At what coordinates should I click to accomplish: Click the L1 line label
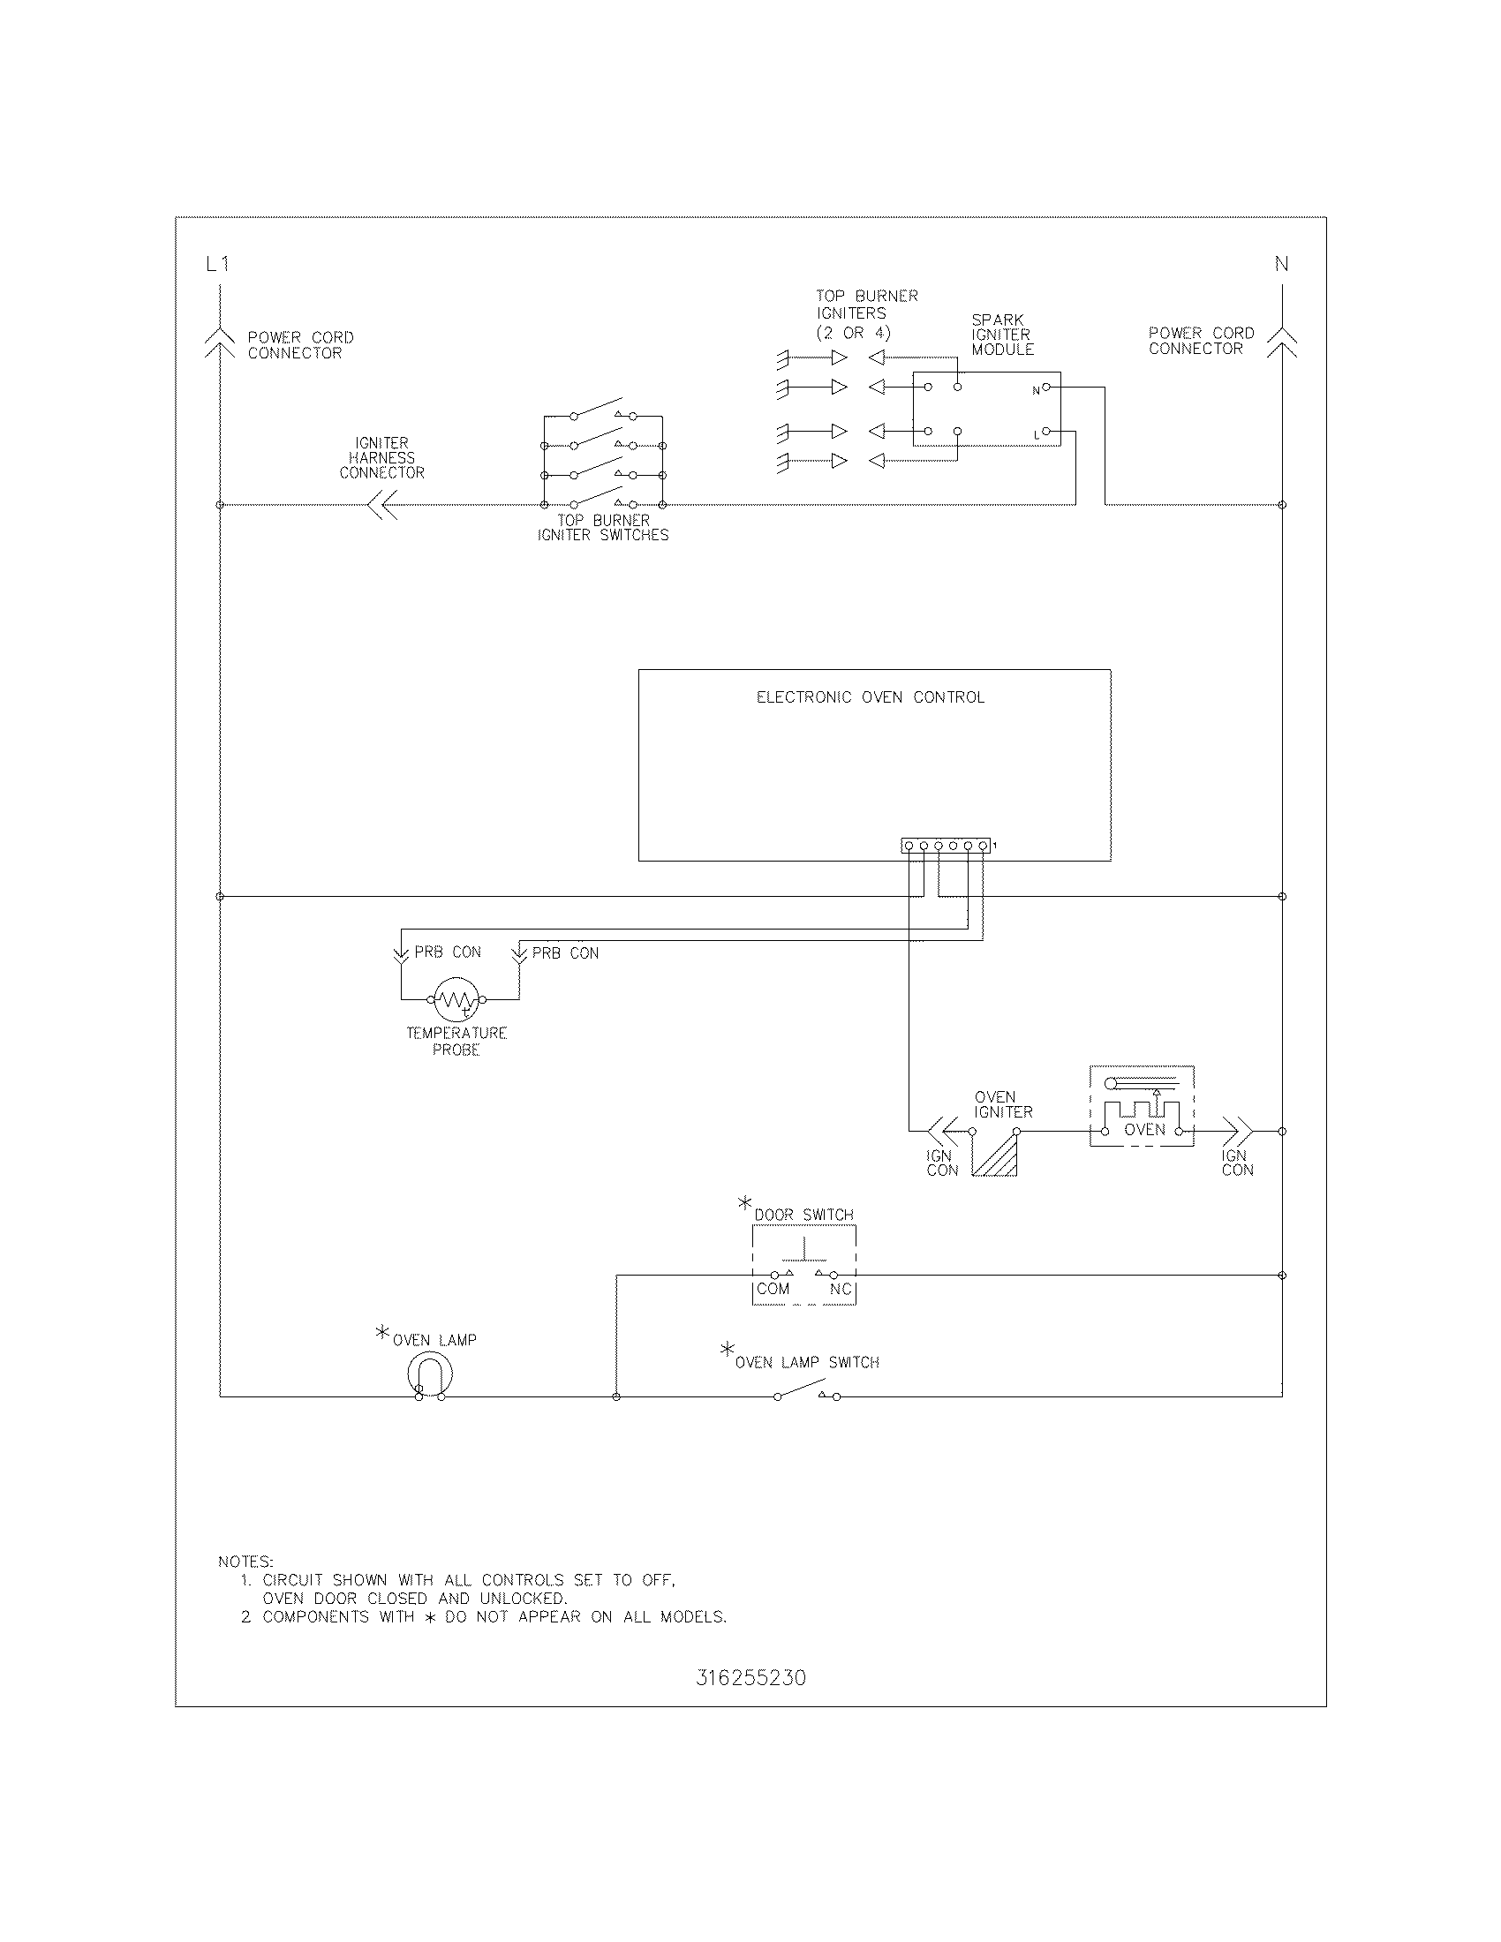(217, 264)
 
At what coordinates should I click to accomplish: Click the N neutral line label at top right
(1281, 264)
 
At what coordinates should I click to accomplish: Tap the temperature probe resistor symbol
(456, 999)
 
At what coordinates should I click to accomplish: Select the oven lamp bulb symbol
(430, 1375)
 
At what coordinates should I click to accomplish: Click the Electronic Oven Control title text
(870, 697)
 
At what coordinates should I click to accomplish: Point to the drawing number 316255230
(750, 1678)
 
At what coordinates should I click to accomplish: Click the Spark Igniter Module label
(1002, 335)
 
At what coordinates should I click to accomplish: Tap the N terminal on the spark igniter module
(1045, 388)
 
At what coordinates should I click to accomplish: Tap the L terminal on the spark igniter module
(1045, 433)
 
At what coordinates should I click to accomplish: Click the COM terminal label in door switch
(773, 1289)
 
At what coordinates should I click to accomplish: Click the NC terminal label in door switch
(840, 1289)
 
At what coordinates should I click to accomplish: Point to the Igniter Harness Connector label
(381, 457)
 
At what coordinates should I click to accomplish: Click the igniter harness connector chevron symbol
(382, 506)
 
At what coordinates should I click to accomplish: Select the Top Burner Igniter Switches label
(603, 527)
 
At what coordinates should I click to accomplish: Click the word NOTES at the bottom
(245, 1562)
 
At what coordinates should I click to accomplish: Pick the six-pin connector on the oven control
(946, 846)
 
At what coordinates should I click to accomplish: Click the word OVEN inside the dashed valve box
(1144, 1129)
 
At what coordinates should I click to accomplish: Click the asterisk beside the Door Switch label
(744, 1203)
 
